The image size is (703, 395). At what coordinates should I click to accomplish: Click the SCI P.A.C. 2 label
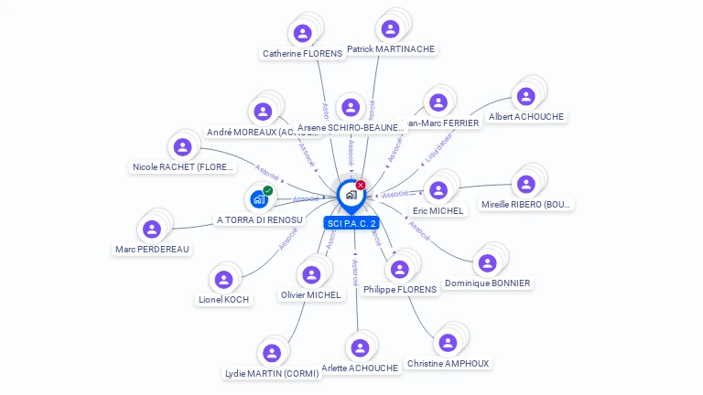(351, 223)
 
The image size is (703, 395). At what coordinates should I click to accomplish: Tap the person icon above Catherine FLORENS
(302, 34)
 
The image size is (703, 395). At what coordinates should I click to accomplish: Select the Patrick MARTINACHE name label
(391, 48)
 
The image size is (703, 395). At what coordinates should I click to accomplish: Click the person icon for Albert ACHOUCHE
(525, 96)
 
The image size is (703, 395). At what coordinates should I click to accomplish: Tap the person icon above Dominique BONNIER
(487, 263)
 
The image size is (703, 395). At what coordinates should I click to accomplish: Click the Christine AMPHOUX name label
(448, 363)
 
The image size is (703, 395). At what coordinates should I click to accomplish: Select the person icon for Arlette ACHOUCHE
(360, 347)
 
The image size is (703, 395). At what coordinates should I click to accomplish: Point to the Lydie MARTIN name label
(272, 373)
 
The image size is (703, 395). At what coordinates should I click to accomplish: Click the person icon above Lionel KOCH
(223, 279)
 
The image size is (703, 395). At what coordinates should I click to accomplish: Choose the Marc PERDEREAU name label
(152, 249)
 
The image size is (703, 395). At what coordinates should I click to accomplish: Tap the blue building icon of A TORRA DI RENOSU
(258, 198)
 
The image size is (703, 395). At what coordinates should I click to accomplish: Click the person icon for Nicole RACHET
(182, 146)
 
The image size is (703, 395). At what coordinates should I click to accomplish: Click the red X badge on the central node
(361, 186)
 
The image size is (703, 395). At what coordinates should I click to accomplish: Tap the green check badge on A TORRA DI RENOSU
(268, 190)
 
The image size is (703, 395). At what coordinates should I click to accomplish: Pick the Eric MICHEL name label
(439, 210)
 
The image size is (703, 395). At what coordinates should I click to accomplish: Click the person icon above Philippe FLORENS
(399, 269)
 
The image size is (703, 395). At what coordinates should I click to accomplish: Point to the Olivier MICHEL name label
(311, 294)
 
